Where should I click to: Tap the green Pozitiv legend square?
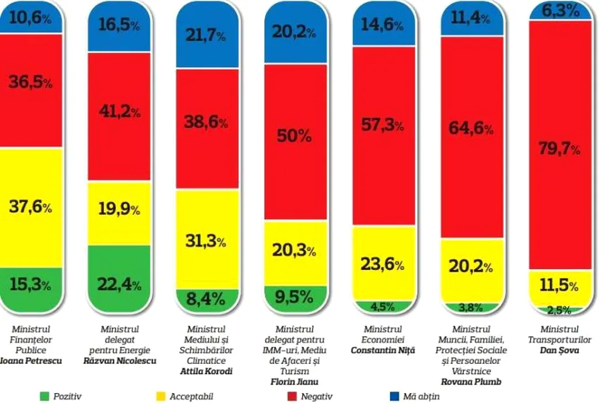point(44,396)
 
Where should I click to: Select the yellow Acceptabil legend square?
point(161,396)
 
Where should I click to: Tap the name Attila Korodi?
point(206,371)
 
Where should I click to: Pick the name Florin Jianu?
point(295,382)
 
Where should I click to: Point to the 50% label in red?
point(295,136)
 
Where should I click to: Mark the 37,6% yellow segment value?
point(30,207)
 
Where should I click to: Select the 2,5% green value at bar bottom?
point(559,310)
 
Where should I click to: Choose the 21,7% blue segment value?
point(206,36)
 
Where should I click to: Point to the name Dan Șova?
point(558,350)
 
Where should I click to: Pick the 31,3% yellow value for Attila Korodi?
point(206,241)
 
